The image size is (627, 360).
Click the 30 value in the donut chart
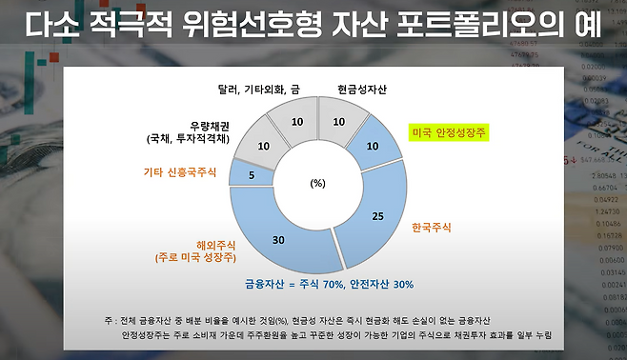click(x=278, y=240)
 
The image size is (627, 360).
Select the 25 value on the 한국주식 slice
click(x=378, y=216)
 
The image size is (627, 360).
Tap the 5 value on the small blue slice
click(x=252, y=175)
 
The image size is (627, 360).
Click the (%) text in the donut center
click(x=318, y=183)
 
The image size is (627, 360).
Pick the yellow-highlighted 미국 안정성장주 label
click(x=449, y=132)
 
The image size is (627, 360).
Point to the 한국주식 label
click(x=432, y=228)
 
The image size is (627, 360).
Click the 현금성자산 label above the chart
click(x=362, y=90)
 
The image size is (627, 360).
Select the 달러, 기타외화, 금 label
click(x=259, y=90)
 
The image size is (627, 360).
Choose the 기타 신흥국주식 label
click(x=180, y=172)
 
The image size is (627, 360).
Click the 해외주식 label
click(x=216, y=245)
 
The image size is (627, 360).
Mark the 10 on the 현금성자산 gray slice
click(x=338, y=122)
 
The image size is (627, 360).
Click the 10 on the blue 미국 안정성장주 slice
click(x=373, y=147)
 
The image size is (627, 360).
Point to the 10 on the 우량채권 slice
click(x=264, y=147)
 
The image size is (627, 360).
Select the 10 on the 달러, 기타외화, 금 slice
click(x=297, y=122)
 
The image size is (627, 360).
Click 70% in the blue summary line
click(x=333, y=285)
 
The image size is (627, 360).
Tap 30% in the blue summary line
click(x=403, y=285)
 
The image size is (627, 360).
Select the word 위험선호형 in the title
click(x=252, y=25)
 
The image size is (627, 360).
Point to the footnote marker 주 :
click(x=111, y=321)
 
